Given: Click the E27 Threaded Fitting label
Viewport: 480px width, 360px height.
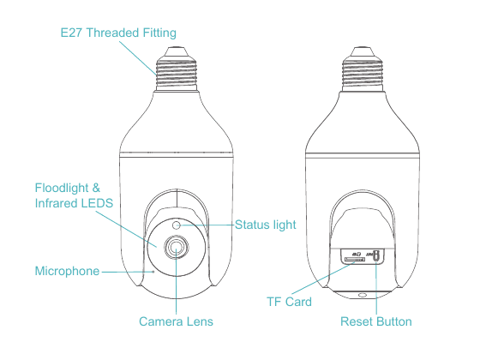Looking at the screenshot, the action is click(118, 33).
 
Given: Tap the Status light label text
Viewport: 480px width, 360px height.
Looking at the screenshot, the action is click(266, 225).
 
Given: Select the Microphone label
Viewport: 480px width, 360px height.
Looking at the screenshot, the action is click(67, 271).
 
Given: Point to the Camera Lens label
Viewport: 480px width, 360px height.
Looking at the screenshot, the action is click(176, 321).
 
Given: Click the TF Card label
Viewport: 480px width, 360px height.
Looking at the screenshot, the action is click(290, 302).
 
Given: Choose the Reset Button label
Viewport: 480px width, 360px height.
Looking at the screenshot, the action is click(376, 321).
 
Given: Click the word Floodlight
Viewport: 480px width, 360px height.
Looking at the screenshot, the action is click(62, 188).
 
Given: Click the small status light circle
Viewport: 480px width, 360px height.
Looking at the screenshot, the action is click(176, 225).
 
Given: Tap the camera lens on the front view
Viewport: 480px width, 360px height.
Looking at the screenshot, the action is click(176, 247).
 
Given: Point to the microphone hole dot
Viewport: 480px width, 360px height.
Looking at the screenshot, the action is click(153, 271).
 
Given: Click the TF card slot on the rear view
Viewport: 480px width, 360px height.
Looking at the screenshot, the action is click(355, 259).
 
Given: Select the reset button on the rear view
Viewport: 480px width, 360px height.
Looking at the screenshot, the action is click(376, 255).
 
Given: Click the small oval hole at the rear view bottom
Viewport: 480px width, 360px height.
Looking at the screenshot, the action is click(363, 295).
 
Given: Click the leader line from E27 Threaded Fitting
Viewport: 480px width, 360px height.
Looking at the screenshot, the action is click(138, 58).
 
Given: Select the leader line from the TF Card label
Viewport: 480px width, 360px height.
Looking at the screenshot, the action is click(323, 279).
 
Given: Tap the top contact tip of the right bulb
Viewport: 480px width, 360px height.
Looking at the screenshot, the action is click(363, 48).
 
